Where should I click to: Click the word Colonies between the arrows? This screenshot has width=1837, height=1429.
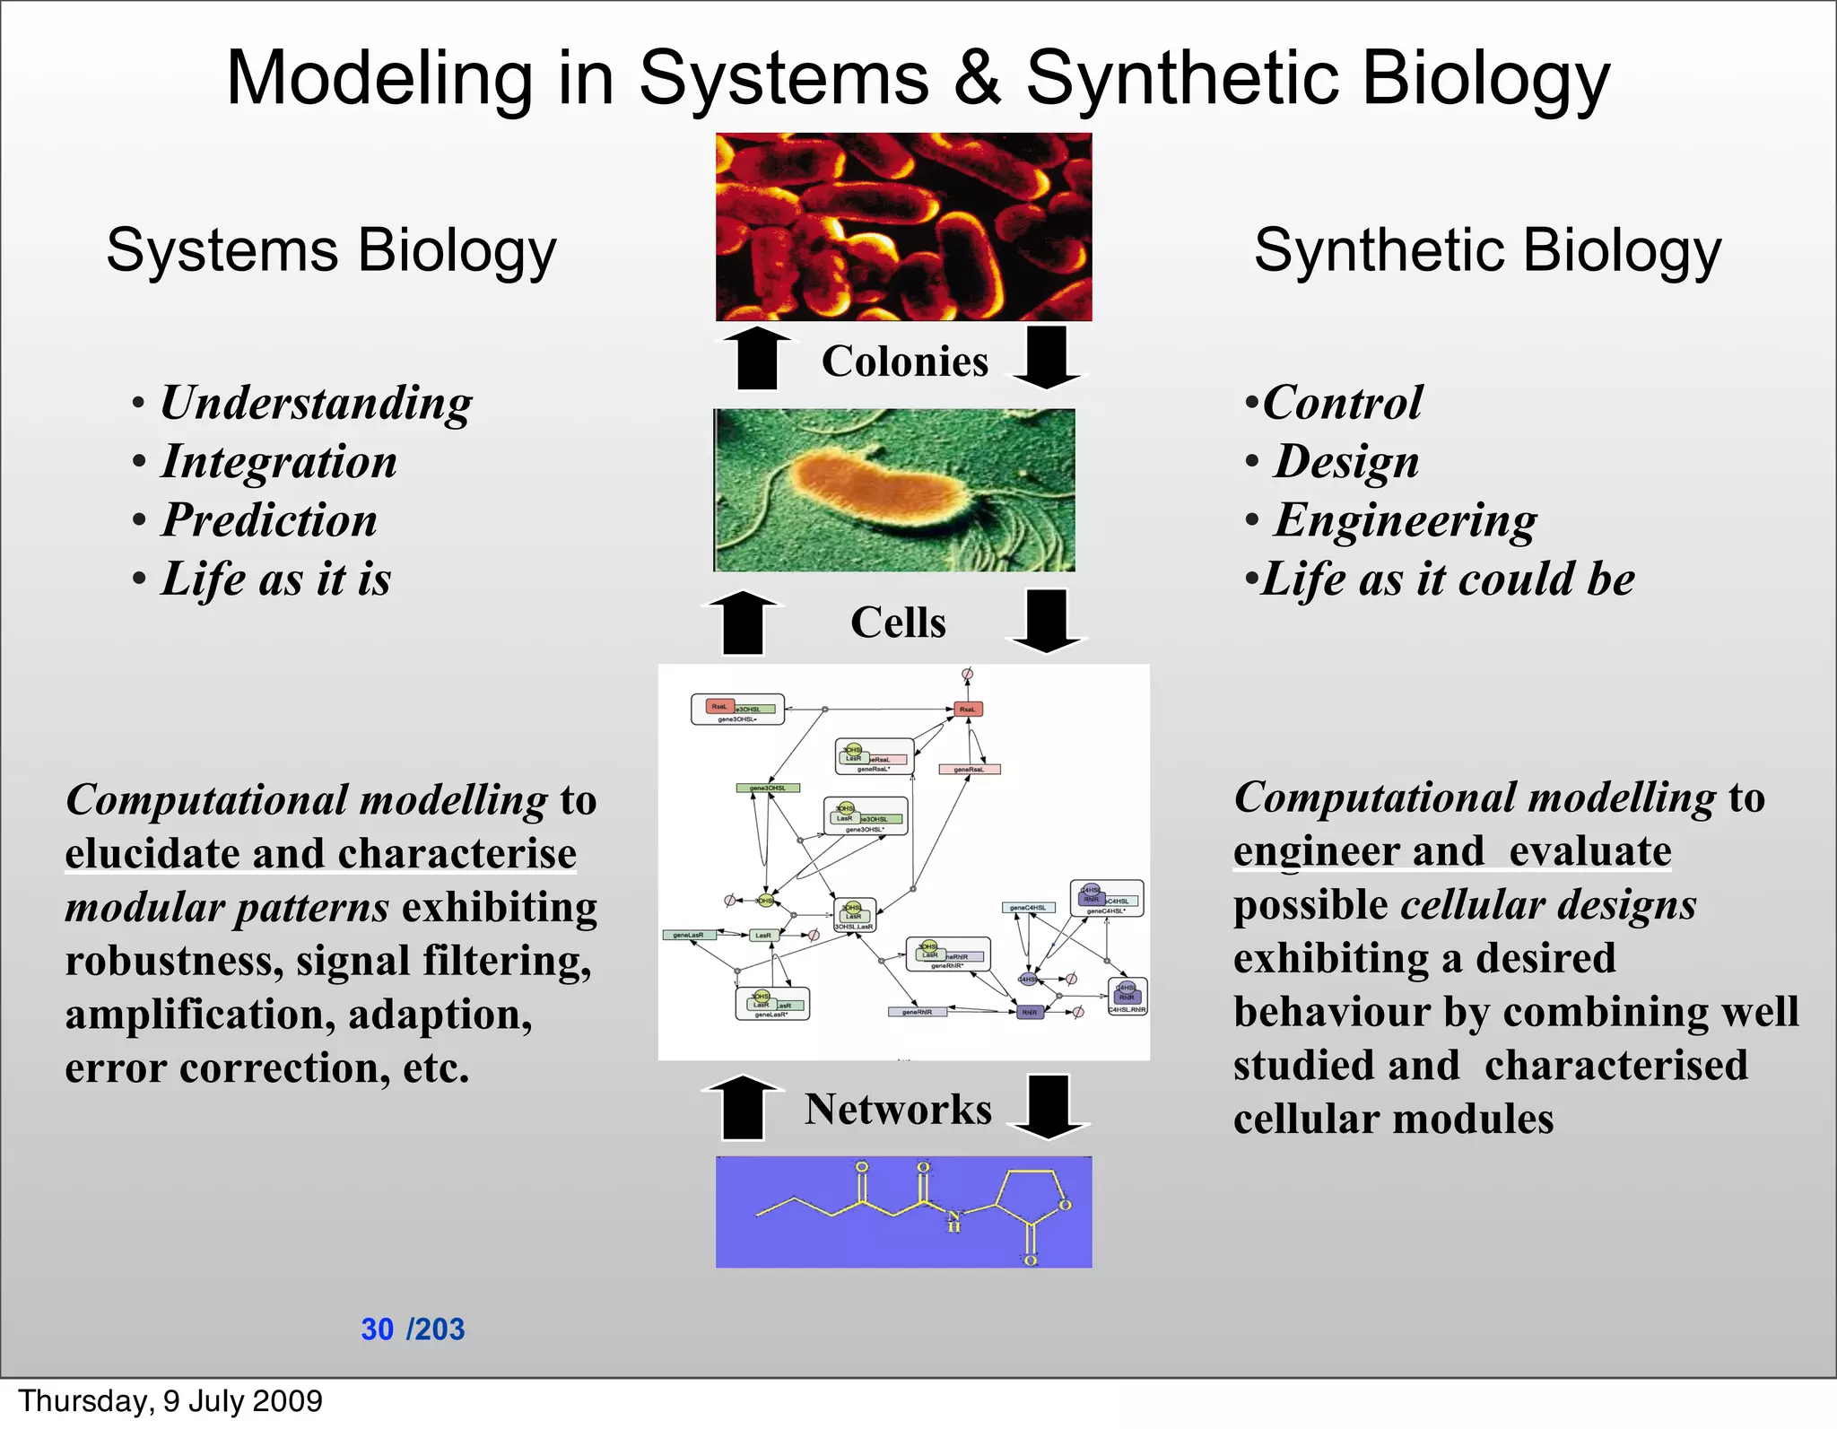click(x=904, y=361)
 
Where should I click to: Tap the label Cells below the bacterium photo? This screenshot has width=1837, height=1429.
click(x=898, y=622)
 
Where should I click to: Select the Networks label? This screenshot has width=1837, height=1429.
click(x=898, y=1109)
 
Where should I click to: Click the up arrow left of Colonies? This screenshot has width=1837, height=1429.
click(x=757, y=358)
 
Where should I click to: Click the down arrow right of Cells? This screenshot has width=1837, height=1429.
click(x=1046, y=621)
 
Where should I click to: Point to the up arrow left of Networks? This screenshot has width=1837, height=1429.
click(x=743, y=1107)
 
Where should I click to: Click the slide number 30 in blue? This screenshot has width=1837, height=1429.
click(x=377, y=1329)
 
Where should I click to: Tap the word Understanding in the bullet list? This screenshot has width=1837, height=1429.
click(x=316, y=403)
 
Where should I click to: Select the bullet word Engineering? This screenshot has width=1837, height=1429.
click(x=1405, y=520)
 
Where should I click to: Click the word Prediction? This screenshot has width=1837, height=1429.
click(x=269, y=520)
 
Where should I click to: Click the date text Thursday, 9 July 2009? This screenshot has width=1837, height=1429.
click(x=170, y=1401)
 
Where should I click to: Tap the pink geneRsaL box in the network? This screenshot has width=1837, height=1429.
click(x=969, y=770)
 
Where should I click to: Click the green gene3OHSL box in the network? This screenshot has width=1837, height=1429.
click(x=768, y=789)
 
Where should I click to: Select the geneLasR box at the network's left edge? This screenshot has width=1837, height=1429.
click(x=689, y=935)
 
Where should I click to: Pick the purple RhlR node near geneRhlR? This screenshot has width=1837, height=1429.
click(x=1030, y=1012)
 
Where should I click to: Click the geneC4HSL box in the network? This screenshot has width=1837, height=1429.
click(x=1028, y=908)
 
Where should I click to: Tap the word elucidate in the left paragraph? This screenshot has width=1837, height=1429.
click(x=152, y=853)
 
